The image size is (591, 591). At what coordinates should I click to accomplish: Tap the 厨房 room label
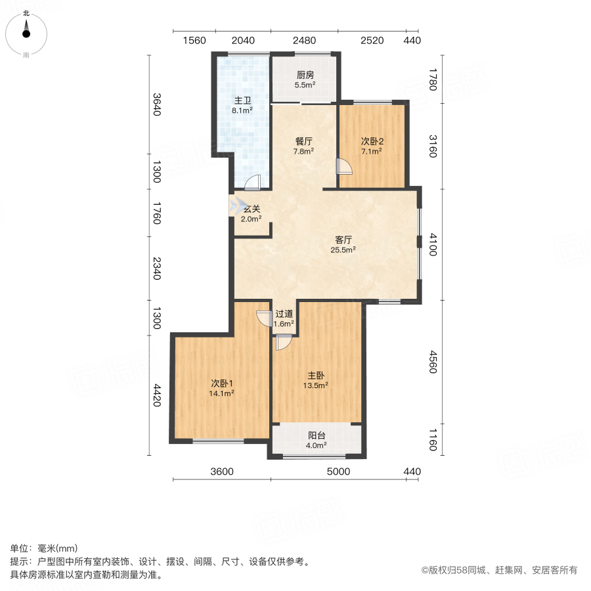click(x=305, y=75)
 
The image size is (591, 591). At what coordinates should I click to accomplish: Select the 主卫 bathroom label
click(x=243, y=101)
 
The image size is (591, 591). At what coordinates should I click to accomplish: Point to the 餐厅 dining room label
click(x=303, y=141)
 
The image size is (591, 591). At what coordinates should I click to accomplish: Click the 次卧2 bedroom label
click(x=372, y=141)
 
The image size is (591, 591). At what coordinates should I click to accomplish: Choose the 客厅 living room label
click(x=343, y=240)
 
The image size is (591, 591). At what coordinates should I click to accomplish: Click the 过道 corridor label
click(x=284, y=314)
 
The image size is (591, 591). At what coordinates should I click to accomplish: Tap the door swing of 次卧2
click(x=344, y=167)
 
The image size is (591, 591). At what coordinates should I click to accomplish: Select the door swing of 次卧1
click(x=264, y=317)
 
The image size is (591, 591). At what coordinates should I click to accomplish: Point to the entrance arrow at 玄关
click(x=234, y=207)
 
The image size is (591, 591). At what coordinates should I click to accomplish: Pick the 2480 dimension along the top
click(x=304, y=41)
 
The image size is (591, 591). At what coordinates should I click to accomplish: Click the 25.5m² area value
click(x=343, y=250)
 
